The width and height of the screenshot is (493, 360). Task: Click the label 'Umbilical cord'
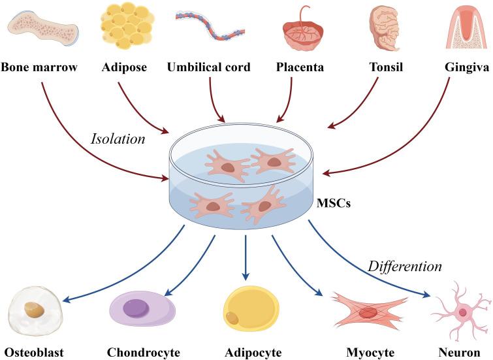[x=208, y=67]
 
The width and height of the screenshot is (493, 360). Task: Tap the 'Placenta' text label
[x=300, y=67]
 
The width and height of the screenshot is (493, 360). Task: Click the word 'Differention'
[x=405, y=267]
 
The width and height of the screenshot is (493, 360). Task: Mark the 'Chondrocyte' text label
[x=143, y=353]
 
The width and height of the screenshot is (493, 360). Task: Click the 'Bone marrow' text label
[x=39, y=67]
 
